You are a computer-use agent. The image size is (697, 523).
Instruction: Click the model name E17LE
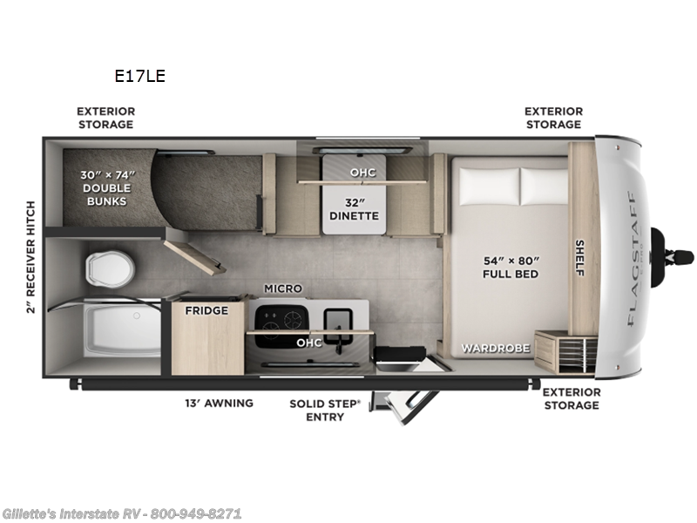[x=139, y=76]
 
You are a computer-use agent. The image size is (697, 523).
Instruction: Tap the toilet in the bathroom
[x=107, y=268]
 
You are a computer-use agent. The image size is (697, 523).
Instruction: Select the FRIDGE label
[x=207, y=310]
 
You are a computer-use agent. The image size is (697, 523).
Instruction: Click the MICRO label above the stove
[x=283, y=289]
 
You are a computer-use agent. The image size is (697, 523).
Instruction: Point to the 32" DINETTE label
[x=354, y=208]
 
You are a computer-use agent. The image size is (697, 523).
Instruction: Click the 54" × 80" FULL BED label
[x=511, y=267]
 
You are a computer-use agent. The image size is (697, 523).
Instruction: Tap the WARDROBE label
[x=496, y=349]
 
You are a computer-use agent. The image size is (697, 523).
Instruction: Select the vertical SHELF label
[x=579, y=258]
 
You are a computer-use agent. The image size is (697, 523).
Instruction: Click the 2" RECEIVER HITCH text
[x=31, y=257]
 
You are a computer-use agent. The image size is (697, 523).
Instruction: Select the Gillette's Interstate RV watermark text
[x=122, y=513]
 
